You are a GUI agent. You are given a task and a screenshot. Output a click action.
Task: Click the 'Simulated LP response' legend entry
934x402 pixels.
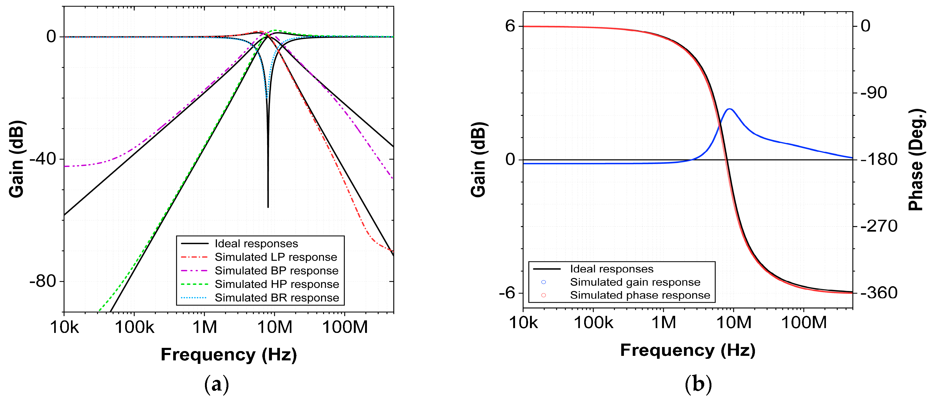276,257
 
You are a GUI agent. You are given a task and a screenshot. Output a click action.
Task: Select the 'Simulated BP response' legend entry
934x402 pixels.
276,270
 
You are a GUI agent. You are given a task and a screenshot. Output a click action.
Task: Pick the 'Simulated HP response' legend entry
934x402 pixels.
277,284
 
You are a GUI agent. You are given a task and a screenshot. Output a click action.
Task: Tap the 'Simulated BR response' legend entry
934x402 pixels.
277,298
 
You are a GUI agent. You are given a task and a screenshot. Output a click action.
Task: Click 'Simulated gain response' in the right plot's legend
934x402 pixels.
635,282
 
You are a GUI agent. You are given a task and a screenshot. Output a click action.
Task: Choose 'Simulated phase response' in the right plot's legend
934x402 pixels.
640,295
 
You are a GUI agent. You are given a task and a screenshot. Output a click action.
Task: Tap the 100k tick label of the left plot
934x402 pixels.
134,327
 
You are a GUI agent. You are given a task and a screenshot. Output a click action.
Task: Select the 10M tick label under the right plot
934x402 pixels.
734,322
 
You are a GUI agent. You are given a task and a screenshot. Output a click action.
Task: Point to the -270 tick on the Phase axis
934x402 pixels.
879,226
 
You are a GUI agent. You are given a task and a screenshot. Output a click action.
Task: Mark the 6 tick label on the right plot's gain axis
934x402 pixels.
510,26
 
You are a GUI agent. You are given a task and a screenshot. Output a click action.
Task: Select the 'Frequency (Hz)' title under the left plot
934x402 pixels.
229,355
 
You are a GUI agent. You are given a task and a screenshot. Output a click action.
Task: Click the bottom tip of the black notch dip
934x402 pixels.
268,207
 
